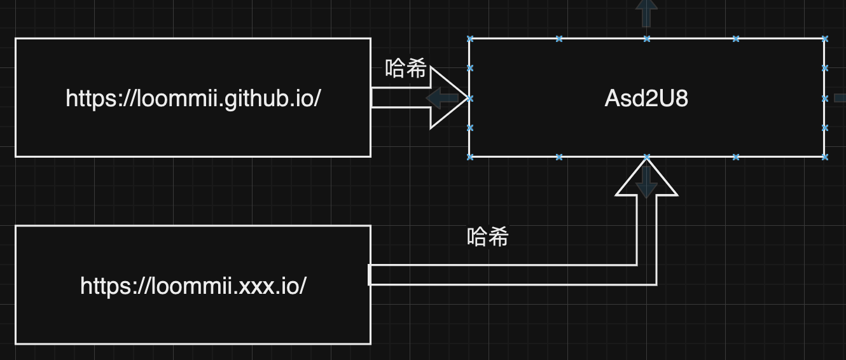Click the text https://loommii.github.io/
pos(193,99)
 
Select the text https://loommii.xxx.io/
pos(193,286)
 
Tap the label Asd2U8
pos(646,99)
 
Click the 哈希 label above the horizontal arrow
pos(405,69)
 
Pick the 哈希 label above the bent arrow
pos(488,237)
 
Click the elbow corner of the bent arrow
pos(646,275)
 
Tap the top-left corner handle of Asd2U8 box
pos(471,39)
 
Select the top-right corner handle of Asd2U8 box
pos(825,39)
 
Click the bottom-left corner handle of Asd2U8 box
pos(471,156)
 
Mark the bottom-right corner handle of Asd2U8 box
pos(825,156)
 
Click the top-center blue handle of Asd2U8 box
pos(647,39)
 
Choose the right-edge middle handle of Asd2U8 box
pos(825,99)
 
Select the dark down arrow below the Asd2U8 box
pos(646,181)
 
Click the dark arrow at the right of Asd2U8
pos(840,98)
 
